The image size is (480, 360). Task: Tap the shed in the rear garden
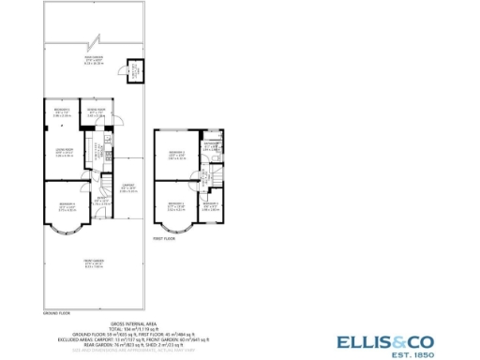(134, 70)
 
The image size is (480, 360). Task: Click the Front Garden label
(91, 264)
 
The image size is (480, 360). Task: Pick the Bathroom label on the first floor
(213, 145)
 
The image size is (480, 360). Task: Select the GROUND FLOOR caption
(58, 312)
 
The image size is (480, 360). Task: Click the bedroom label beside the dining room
(62, 113)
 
